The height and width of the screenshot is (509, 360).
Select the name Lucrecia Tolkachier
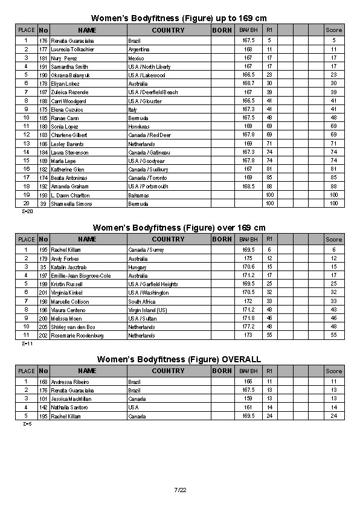[72, 50]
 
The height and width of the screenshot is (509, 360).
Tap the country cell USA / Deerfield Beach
[153, 92]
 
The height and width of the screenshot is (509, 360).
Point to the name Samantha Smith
[69, 67]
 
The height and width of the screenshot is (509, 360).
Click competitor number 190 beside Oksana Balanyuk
[43, 75]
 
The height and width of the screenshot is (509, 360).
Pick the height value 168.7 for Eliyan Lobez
[248, 84]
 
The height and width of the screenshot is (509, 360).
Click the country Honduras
[138, 127]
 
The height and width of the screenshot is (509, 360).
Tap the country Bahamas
[138, 196]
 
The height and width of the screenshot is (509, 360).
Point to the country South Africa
[142, 301]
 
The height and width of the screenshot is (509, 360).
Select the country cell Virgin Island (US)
[149, 310]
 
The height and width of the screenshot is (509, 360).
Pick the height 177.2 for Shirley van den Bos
[248, 327]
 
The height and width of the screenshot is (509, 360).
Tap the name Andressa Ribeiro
[70, 382]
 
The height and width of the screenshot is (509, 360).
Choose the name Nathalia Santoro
[69, 408]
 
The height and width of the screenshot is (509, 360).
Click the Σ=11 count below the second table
[27, 344]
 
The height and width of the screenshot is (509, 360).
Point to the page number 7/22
[180, 489]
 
